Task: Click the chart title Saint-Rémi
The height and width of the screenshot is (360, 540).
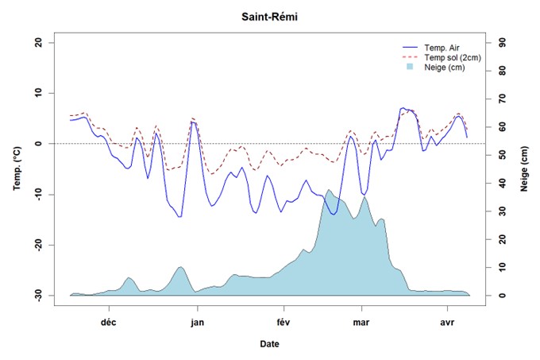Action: pyautogui.click(x=270, y=16)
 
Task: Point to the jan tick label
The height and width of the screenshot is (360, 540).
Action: pyautogui.click(x=198, y=323)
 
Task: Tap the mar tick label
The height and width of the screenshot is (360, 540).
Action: pyautogui.click(x=362, y=323)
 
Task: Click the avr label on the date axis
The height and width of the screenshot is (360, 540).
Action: pyautogui.click(x=446, y=323)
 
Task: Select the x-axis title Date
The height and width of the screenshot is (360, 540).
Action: pyautogui.click(x=269, y=344)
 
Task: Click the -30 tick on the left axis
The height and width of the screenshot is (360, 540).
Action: pyautogui.click(x=39, y=295)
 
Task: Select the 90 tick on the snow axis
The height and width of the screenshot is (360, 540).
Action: pyautogui.click(x=503, y=42)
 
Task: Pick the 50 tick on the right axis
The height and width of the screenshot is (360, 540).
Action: pyautogui.click(x=503, y=155)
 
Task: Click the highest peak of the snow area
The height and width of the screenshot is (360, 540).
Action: pyautogui.click(x=329, y=190)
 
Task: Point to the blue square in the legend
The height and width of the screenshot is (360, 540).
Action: pyautogui.click(x=411, y=68)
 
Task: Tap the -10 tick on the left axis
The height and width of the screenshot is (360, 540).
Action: pyautogui.click(x=39, y=194)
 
